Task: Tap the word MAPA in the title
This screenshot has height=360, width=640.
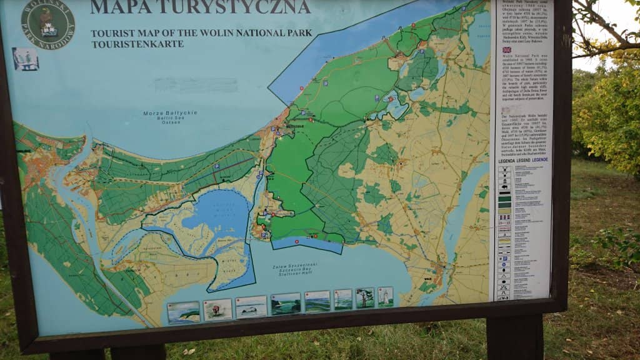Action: (114, 7)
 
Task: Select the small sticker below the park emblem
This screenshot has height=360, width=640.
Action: (26, 59)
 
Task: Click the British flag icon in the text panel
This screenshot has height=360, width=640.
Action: (506, 49)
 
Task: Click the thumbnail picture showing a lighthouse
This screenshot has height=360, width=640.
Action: (385, 297)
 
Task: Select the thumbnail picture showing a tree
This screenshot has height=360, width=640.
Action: (365, 298)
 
